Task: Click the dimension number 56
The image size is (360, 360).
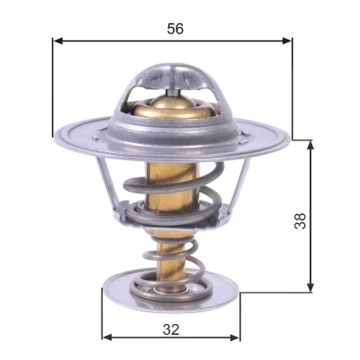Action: tap(175, 29)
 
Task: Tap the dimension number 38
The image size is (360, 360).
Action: tap(300, 221)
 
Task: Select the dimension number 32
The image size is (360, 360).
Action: tap(171, 329)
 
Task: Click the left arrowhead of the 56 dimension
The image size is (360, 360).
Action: tap(58, 40)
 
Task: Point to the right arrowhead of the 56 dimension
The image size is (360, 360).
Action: tap(286, 40)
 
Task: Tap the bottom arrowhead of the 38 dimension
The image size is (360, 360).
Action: tap(310, 286)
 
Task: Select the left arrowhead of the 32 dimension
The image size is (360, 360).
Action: tap(107, 337)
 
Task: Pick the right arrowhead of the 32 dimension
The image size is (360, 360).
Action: tap(235, 337)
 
